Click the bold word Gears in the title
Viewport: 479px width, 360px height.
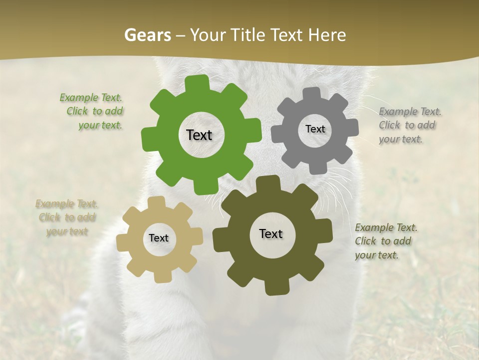[x=148, y=35]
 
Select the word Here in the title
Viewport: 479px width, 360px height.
[x=327, y=35]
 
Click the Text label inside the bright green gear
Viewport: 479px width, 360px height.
[x=199, y=135]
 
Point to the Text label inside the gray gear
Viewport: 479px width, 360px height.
[x=315, y=129]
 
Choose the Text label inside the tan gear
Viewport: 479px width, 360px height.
[x=159, y=238]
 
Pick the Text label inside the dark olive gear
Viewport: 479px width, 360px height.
[x=271, y=234]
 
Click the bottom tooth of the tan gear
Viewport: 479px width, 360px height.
[x=161, y=276]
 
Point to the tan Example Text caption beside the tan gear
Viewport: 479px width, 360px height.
[x=66, y=217]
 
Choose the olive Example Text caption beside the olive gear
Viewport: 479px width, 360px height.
[x=385, y=241]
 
